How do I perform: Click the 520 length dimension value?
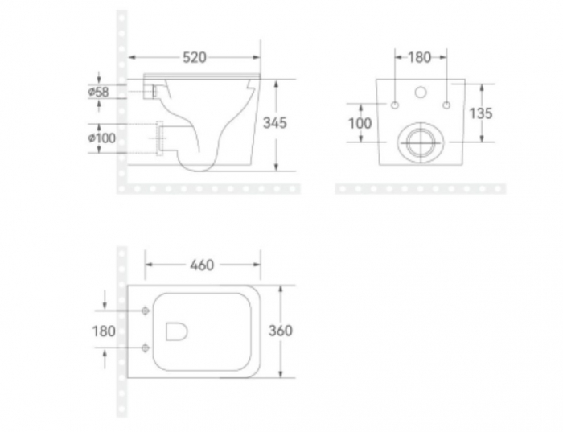[x=195, y=57]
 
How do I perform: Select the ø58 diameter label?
[x=99, y=92]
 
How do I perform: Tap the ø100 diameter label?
[x=101, y=138]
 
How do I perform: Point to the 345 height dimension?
[x=275, y=123]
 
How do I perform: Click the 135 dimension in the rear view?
[x=480, y=113]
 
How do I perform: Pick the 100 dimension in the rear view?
[x=360, y=123]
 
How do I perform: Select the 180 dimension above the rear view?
[x=420, y=57]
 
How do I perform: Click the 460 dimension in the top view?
[x=201, y=265]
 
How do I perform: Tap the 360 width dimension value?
[x=280, y=331]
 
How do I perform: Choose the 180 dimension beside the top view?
[x=104, y=331]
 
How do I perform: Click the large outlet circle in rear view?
[x=420, y=143]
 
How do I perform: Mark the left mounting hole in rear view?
[x=395, y=105]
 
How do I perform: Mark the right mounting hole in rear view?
[x=445, y=105]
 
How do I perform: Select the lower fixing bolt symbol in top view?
[x=145, y=348]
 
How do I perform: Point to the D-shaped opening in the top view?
[x=176, y=331]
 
